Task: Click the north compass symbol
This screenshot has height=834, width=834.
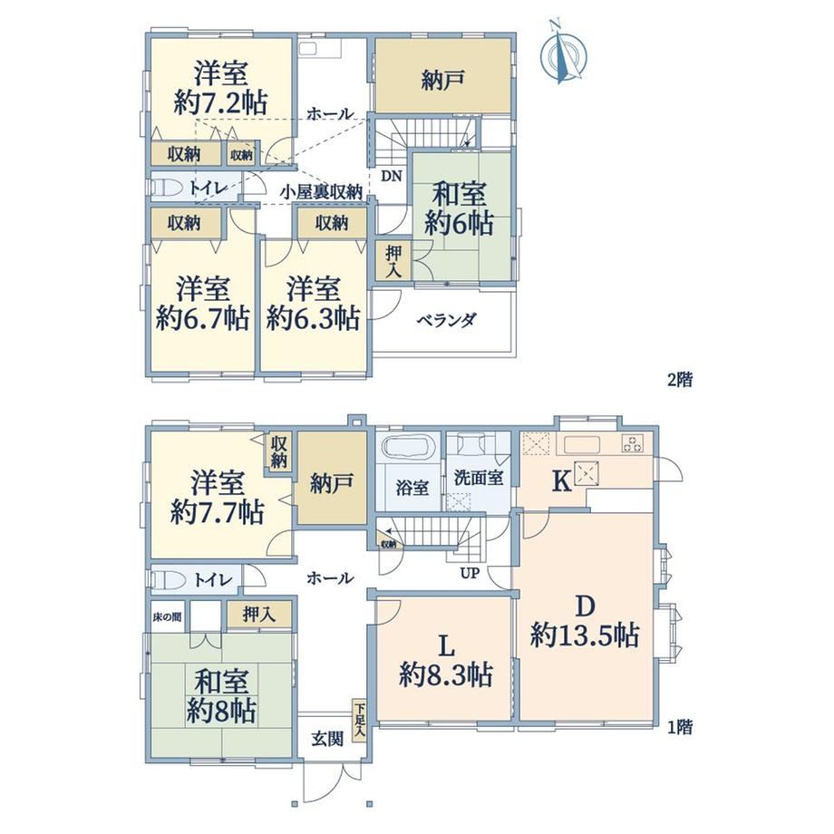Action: [x=563, y=53]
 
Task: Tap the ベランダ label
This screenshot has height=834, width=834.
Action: [x=446, y=320]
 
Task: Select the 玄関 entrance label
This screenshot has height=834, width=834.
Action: [x=327, y=738]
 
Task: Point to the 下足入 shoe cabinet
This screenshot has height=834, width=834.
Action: [x=360, y=720]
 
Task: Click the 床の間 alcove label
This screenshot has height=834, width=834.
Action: [x=167, y=616]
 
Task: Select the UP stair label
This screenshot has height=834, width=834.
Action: [x=470, y=573]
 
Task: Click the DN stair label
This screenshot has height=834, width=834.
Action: [x=391, y=176]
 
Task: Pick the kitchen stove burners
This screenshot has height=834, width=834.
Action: [x=633, y=443]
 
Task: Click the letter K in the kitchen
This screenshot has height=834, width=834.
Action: [x=563, y=482]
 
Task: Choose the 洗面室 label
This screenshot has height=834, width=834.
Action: [x=479, y=477]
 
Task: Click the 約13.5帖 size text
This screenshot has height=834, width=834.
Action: [x=585, y=635]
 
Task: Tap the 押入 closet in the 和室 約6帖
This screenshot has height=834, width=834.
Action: [x=393, y=261]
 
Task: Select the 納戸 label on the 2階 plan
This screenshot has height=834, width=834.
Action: [x=442, y=80]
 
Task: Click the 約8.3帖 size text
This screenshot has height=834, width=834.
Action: [x=446, y=675]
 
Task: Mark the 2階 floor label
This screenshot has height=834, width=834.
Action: [x=680, y=380]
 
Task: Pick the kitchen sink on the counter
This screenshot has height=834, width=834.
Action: [x=582, y=443]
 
